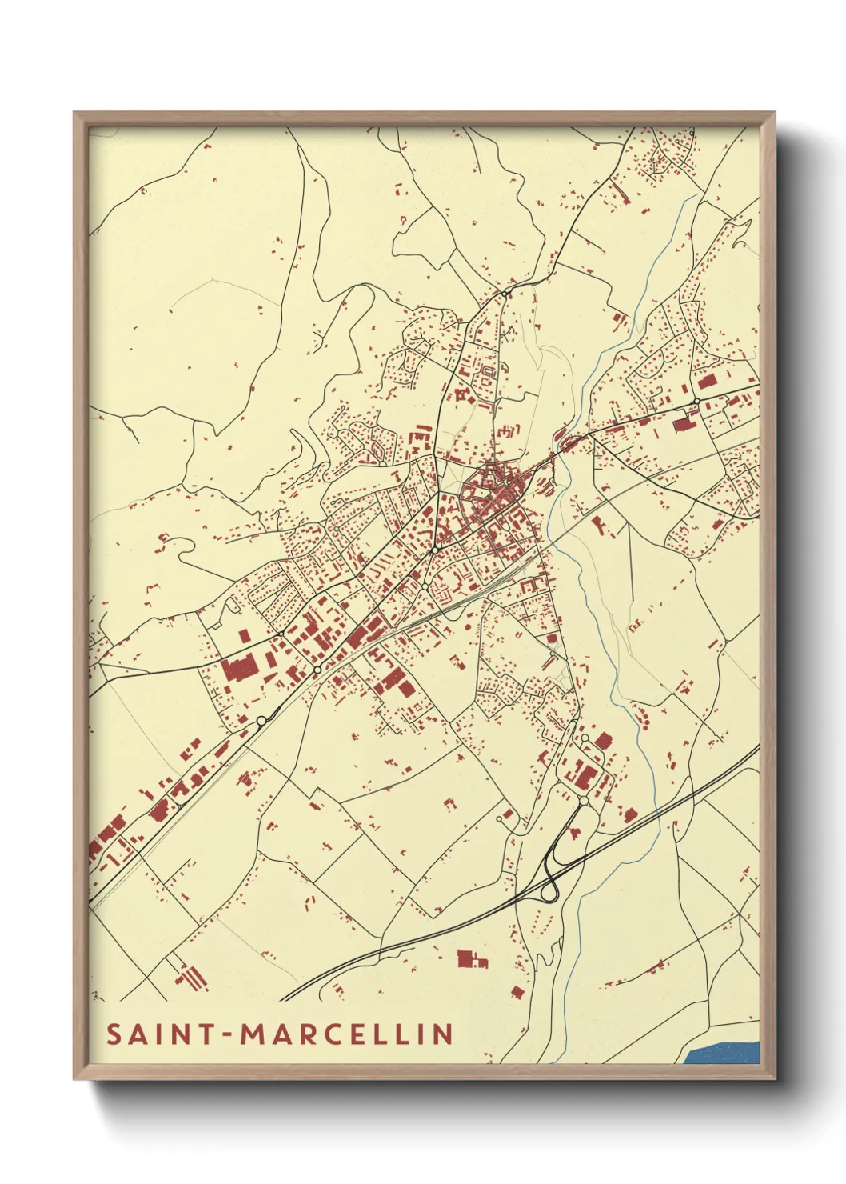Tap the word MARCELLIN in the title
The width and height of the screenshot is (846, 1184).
coord(348,1034)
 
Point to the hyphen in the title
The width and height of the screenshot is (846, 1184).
coord(228,1035)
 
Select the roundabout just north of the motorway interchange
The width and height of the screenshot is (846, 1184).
coord(584,800)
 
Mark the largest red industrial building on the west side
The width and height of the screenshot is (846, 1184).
coord(238,667)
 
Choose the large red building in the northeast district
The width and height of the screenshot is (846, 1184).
coord(684,423)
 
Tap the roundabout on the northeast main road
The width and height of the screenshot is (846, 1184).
coord(697,401)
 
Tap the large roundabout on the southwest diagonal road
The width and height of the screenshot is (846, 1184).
coord(261,721)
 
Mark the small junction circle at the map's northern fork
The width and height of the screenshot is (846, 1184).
coord(506,294)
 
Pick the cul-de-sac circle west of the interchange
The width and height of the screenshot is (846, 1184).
coord(501,818)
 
